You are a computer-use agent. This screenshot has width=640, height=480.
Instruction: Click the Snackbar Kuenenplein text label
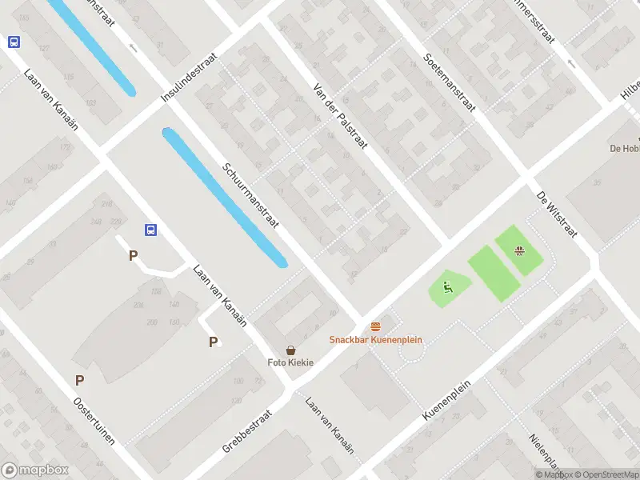376,340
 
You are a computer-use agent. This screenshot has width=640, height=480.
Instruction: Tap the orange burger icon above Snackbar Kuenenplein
376,326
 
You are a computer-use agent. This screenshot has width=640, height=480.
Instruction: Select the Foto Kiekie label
290,362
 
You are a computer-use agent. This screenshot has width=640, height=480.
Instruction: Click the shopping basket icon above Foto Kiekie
291,350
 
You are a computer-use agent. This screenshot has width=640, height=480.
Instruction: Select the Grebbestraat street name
248,432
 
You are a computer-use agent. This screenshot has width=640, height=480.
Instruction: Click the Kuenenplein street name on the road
447,400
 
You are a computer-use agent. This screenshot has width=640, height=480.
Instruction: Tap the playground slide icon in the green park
447,286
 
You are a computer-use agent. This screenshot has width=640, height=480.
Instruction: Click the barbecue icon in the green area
521,250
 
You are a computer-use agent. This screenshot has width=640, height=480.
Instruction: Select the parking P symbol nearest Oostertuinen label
79,381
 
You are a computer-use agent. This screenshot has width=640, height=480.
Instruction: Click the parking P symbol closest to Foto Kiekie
213,342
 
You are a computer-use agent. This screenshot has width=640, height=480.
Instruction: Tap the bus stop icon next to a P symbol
150,230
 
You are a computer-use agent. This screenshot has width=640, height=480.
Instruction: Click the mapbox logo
35,470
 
